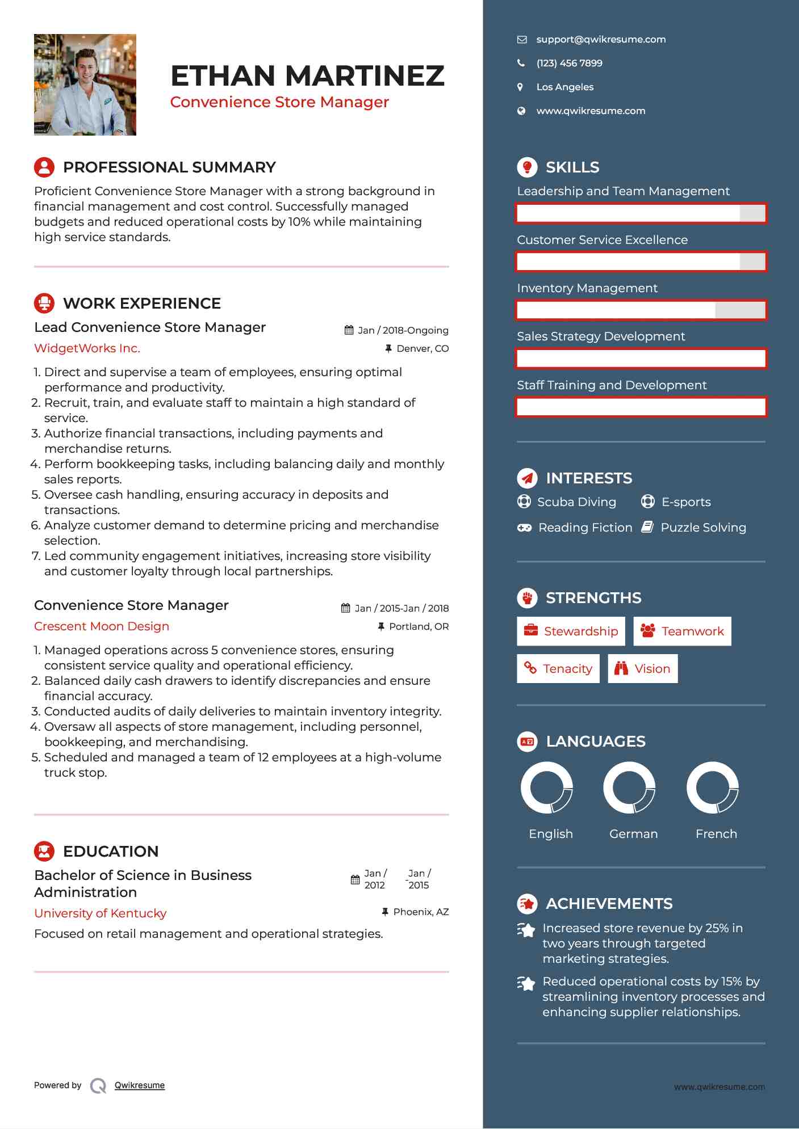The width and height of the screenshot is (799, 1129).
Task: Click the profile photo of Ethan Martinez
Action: pos(85,85)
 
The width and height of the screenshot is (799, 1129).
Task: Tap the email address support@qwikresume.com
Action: pos(601,39)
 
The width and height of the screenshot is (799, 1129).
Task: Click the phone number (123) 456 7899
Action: pos(569,63)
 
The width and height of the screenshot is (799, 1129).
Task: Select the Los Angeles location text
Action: pos(564,87)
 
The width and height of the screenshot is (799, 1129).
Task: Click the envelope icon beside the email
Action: pos(521,40)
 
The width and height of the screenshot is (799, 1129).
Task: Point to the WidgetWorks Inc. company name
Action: pos(87,348)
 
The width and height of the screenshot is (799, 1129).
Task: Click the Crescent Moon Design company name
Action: pos(102,626)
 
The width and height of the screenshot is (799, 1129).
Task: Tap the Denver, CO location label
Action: pos(422,348)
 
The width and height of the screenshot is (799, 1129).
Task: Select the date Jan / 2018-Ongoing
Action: pos(403,330)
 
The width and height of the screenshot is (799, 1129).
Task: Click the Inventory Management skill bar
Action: pos(641,310)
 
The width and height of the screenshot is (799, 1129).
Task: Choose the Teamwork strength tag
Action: pos(682,631)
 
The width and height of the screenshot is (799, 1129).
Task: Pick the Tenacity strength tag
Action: pos(558,668)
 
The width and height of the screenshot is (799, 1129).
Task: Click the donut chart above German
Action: pos(629,787)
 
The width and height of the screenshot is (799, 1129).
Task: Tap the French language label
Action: pos(716,833)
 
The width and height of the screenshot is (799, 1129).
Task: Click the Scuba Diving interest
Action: pos(576,502)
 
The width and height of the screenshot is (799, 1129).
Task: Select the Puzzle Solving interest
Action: pos(703,528)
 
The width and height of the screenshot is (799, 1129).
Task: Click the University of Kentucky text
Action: pos(101,913)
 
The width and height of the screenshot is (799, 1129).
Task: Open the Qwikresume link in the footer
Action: pos(140,1085)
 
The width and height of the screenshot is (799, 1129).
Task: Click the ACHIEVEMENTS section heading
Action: pos(609,903)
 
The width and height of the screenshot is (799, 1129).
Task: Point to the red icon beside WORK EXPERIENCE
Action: pos(44,303)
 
